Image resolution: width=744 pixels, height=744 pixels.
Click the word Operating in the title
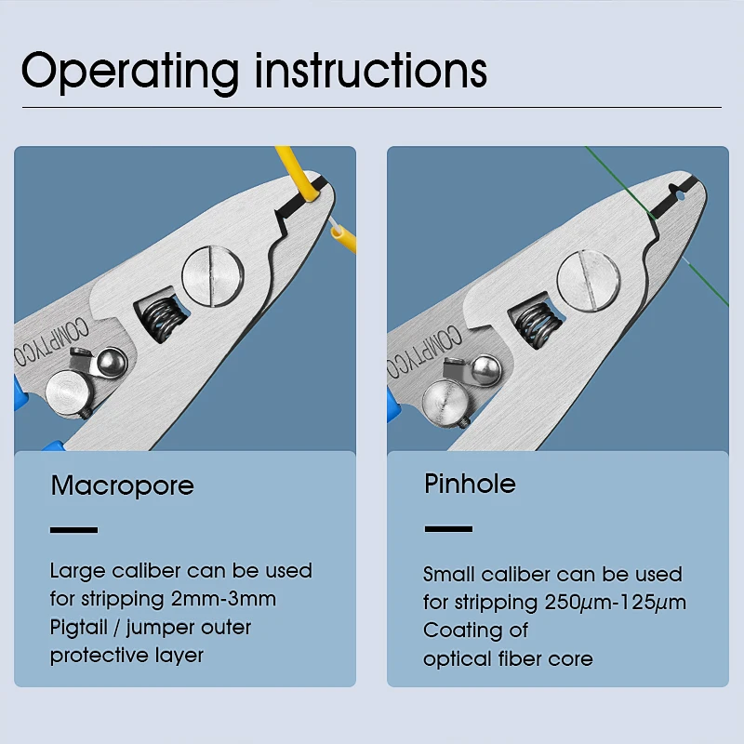click(x=129, y=71)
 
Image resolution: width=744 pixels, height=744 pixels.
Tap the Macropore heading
click(x=122, y=485)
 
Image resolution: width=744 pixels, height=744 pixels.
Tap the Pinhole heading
click(x=470, y=484)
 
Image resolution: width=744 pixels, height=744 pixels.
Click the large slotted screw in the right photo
click(x=588, y=280)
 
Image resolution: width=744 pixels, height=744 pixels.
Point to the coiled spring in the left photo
click(x=159, y=321)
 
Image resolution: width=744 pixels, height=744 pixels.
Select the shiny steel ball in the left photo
click(x=112, y=360)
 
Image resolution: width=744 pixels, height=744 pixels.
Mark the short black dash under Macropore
click(x=73, y=530)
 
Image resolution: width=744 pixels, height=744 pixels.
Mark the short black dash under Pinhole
click(x=448, y=529)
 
